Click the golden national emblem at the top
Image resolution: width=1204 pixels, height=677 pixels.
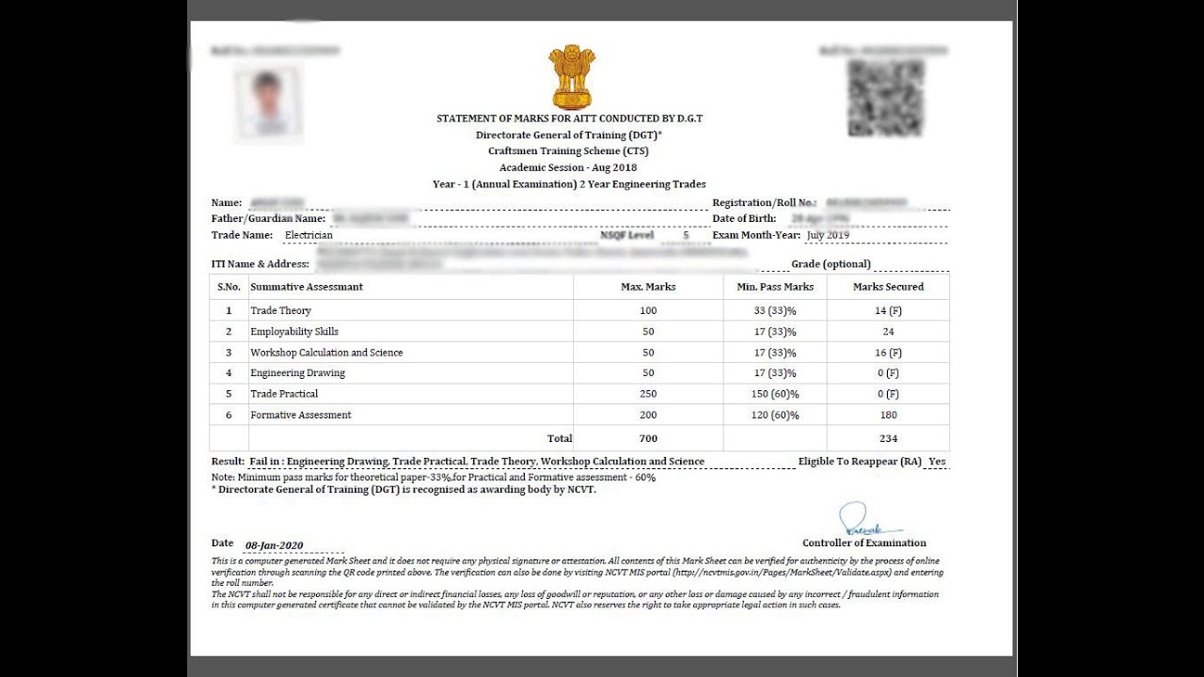pos(572,77)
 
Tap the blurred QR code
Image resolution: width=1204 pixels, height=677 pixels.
pos(885,98)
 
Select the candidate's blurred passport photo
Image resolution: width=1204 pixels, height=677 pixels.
pos(268,102)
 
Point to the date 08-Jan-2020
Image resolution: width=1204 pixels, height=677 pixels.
pos(274,545)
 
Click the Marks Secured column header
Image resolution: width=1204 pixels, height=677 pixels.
pos(888,287)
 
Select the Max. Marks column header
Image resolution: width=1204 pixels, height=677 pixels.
pos(648,287)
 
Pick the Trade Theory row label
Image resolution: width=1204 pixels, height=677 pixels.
pos(280,310)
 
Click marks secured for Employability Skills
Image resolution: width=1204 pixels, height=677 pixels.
pos(888,332)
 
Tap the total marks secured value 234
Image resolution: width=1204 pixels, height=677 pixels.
pos(888,438)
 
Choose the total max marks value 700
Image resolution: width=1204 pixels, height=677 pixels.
pos(648,438)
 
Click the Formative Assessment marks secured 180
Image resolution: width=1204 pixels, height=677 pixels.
pos(888,415)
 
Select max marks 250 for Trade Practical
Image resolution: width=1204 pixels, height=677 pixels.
pos(648,394)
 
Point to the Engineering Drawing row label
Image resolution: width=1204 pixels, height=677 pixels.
pos(297,373)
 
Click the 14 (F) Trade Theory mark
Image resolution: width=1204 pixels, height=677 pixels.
pos(888,310)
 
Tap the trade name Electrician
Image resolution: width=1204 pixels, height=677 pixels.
pos(309,235)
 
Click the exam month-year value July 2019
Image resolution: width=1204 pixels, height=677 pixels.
pos(828,235)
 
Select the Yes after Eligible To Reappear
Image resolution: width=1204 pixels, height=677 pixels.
pos(937,462)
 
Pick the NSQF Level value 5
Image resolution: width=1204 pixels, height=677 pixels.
pos(686,235)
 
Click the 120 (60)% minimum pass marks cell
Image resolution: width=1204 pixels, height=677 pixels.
pos(775,415)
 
